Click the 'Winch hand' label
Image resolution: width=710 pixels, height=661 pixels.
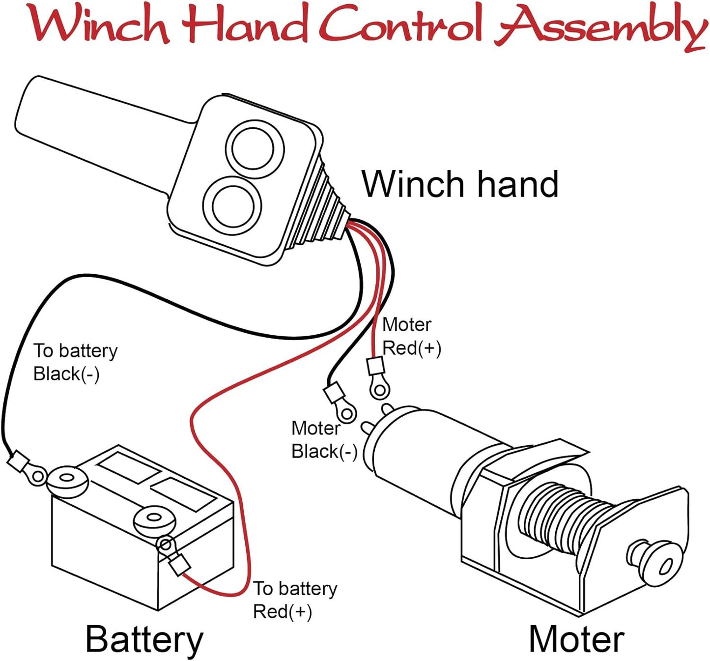460,184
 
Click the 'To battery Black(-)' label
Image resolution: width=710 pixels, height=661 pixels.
75,362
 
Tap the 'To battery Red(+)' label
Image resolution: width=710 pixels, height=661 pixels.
295,600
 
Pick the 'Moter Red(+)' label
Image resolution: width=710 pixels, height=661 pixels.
411,336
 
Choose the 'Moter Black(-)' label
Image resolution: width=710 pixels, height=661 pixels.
324,440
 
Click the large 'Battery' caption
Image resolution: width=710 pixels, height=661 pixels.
144,639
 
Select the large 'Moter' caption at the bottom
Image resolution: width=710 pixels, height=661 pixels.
576,639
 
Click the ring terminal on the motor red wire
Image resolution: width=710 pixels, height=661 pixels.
379,390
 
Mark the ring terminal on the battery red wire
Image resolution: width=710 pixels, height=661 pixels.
166,544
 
